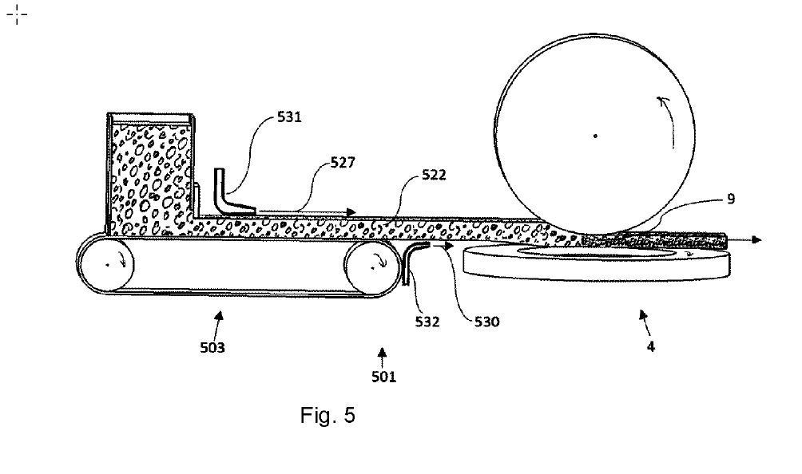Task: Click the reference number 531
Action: coord(289,117)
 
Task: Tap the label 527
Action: coord(343,162)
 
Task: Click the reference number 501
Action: coord(383,376)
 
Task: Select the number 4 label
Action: coord(651,346)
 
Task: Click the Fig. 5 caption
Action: coord(328,415)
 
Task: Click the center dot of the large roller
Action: coord(596,136)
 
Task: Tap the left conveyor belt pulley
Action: coord(105,264)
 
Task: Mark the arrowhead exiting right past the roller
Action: coord(756,239)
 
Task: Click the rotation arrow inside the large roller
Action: coord(662,109)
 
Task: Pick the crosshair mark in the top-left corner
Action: coord(17,15)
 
